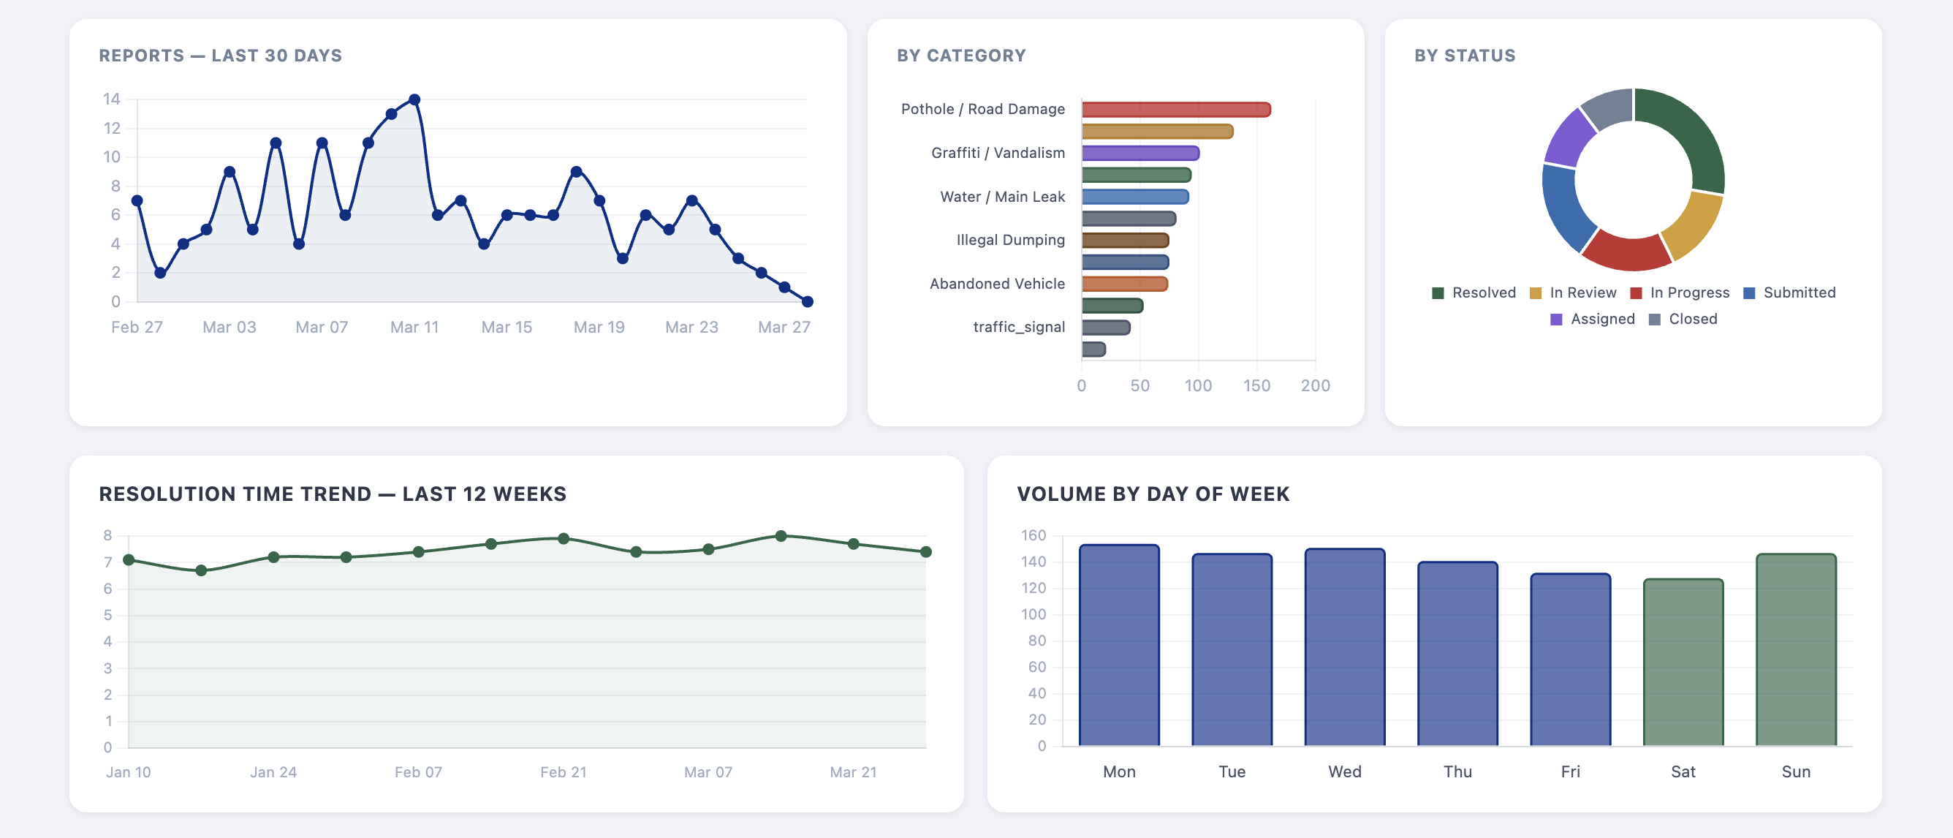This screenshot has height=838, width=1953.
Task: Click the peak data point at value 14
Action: pos(414,99)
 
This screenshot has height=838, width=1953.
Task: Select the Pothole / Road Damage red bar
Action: pos(1175,110)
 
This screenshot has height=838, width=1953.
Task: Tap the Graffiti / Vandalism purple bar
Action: pos(1139,153)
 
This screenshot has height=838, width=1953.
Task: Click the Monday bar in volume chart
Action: pos(1119,645)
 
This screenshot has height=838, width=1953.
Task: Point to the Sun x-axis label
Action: pos(1795,771)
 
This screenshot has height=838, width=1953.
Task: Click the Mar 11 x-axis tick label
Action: pos(414,327)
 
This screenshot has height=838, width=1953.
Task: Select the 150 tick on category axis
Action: pos(1256,385)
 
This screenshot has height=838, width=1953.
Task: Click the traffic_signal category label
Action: pos(1018,327)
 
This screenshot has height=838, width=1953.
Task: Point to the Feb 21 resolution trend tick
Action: pos(563,772)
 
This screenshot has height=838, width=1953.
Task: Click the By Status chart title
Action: pos(1464,56)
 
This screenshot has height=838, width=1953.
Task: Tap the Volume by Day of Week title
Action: pos(1153,494)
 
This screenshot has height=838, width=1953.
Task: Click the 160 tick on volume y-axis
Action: pos(1033,535)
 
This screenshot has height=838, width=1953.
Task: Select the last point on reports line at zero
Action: pos(808,302)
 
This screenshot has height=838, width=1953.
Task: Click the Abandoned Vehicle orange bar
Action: pos(1124,284)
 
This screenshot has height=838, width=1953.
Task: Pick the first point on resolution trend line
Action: pos(129,559)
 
